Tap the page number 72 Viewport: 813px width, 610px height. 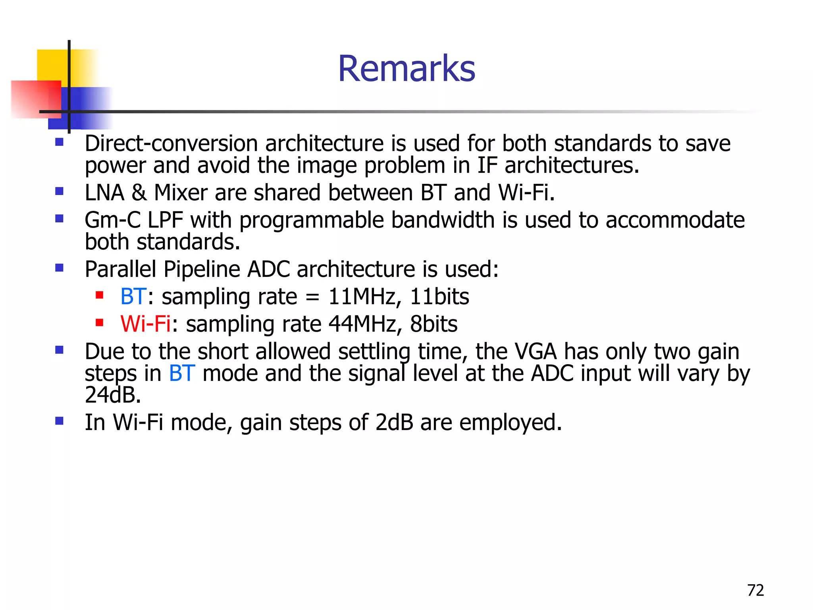pyautogui.click(x=755, y=590)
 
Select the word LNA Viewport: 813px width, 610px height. pyautogui.click(x=104, y=193)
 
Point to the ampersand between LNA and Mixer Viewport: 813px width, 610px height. pyautogui.click(x=139, y=193)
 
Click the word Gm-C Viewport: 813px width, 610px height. pyautogui.click(x=113, y=220)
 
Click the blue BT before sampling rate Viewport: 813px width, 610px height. pyautogui.click(x=133, y=297)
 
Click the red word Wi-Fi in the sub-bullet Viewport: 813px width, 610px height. pyautogui.click(x=145, y=324)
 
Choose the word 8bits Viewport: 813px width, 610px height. pyautogui.click(x=433, y=324)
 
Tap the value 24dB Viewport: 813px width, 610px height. pyautogui.click(x=113, y=395)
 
